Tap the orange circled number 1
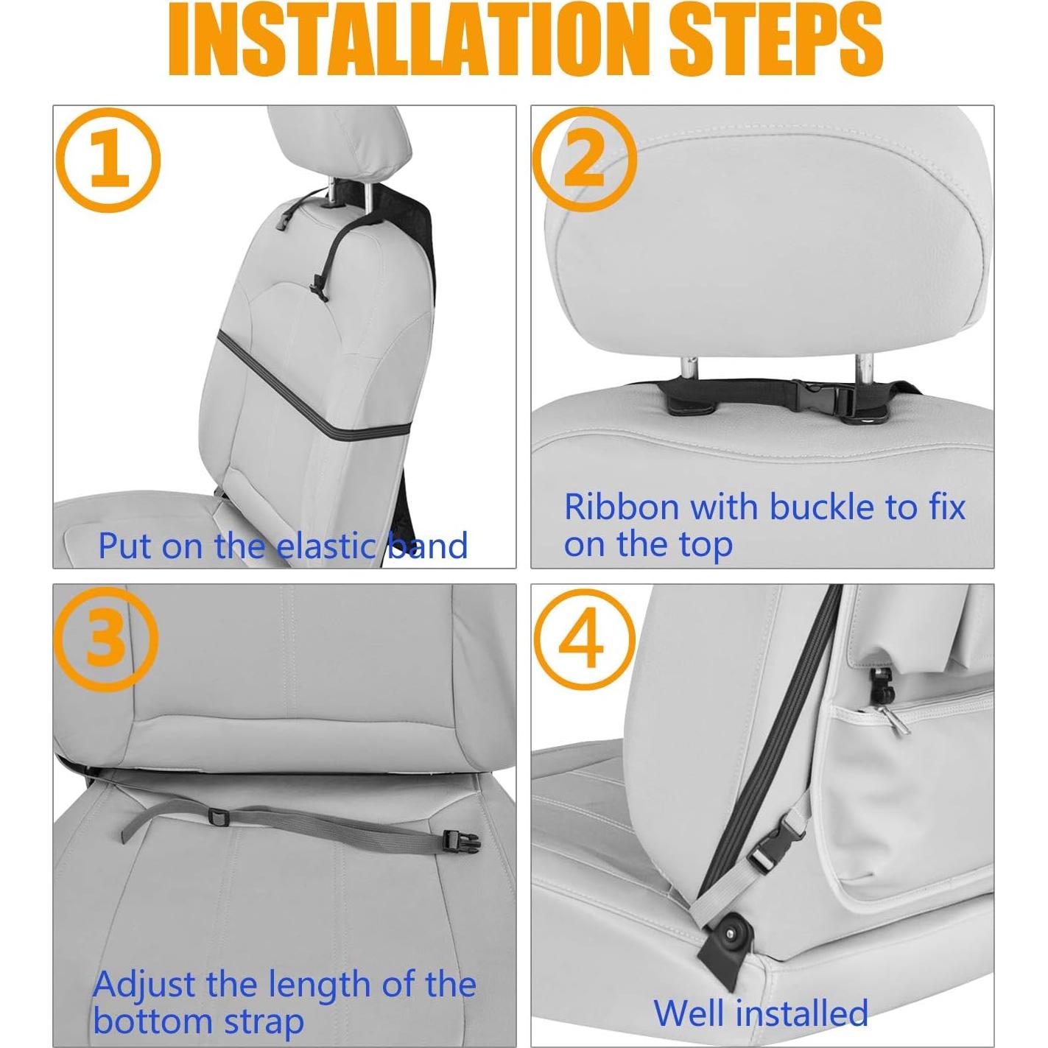(x=108, y=161)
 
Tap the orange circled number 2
(x=584, y=161)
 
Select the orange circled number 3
(x=106, y=638)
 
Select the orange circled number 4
(x=583, y=639)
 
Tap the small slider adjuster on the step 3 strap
(x=218, y=816)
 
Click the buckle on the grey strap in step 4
(x=770, y=848)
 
